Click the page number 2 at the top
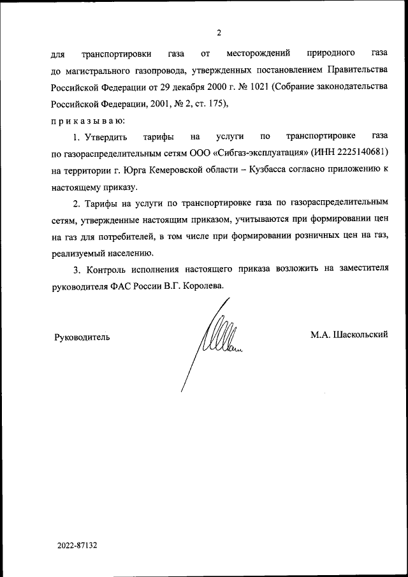point(218,33)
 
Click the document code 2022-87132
point(76,546)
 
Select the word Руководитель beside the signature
point(82,337)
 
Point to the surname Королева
point(204,286)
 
